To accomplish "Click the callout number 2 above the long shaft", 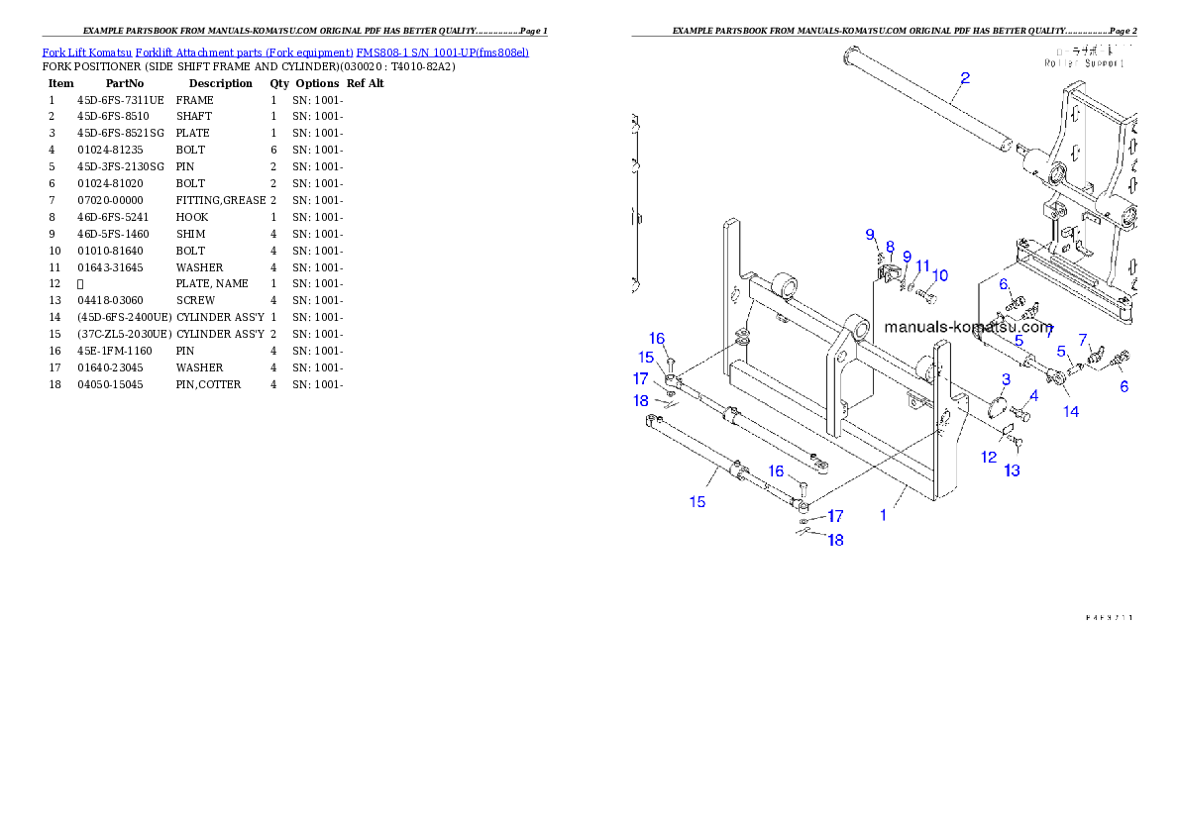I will tap(965, 77).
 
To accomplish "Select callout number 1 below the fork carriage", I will tap(884, 515).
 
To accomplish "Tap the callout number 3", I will tap(1006, 379).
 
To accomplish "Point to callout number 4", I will tap(1034, 395).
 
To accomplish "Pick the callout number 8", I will tap(890, 247).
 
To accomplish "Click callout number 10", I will tap(940, 274).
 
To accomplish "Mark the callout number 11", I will tap(922, 266).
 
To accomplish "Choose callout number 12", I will tap(989, 457).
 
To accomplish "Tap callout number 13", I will tap(1012, 470).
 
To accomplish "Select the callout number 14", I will tap(1071, 412).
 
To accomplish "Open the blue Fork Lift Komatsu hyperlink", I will tap(285, 52).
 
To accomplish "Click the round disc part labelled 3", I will tap(999, 406).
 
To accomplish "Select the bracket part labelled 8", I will tap(888, 270).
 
